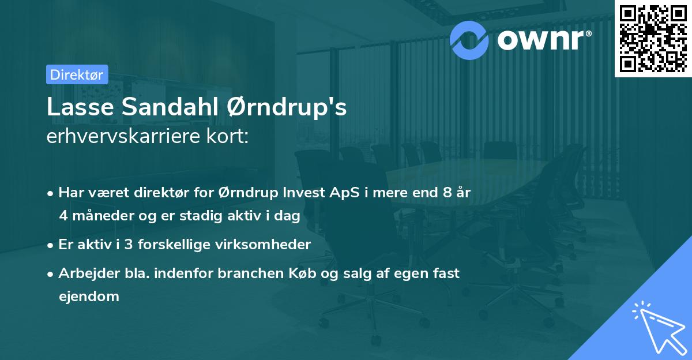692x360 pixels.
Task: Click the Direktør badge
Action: [x=77, y=74]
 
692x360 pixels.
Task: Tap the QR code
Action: [x=653, y=38]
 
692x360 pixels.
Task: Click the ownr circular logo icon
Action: [x=469, y=40]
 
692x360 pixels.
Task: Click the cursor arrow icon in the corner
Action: [x=657, y=327]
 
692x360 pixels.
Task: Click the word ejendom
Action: [x=89, y=297]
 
